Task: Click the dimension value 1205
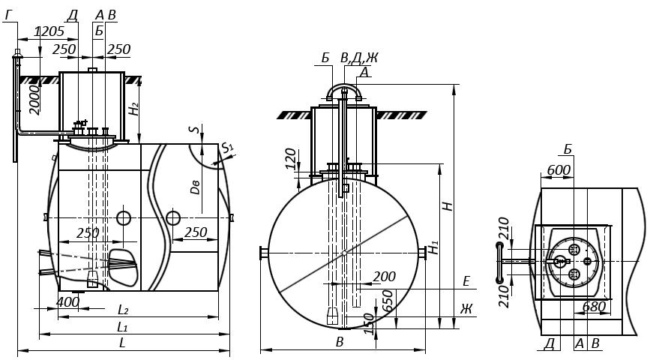49,31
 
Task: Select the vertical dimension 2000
35,100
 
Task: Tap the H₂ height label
133,108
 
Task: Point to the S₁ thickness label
227,147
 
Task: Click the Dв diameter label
195,186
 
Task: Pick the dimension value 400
67,301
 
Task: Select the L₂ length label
123,310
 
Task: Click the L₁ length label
122,327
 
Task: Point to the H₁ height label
433,247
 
